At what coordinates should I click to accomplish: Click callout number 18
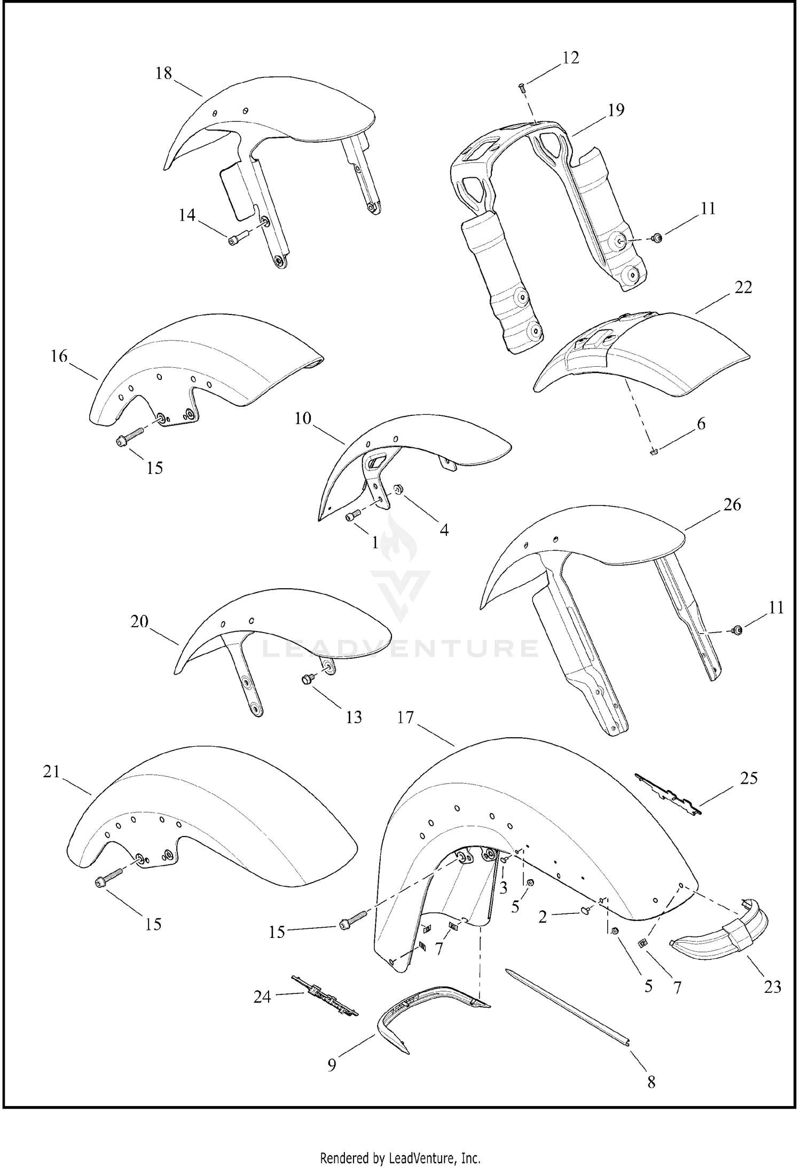tap(163, 73)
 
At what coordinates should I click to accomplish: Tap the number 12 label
tap(570, 58)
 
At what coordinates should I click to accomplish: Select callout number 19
tap(616, 110)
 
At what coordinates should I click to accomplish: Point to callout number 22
tap(743, 287)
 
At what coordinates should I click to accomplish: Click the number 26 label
tap(732, 504)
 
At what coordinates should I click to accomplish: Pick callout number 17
tap(405, 717)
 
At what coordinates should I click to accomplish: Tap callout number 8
tap(651, 1082)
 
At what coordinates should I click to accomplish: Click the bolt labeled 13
tap(307, 680)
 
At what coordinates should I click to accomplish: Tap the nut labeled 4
tap(397, 490)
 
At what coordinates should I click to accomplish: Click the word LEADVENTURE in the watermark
tap(400, 649)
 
